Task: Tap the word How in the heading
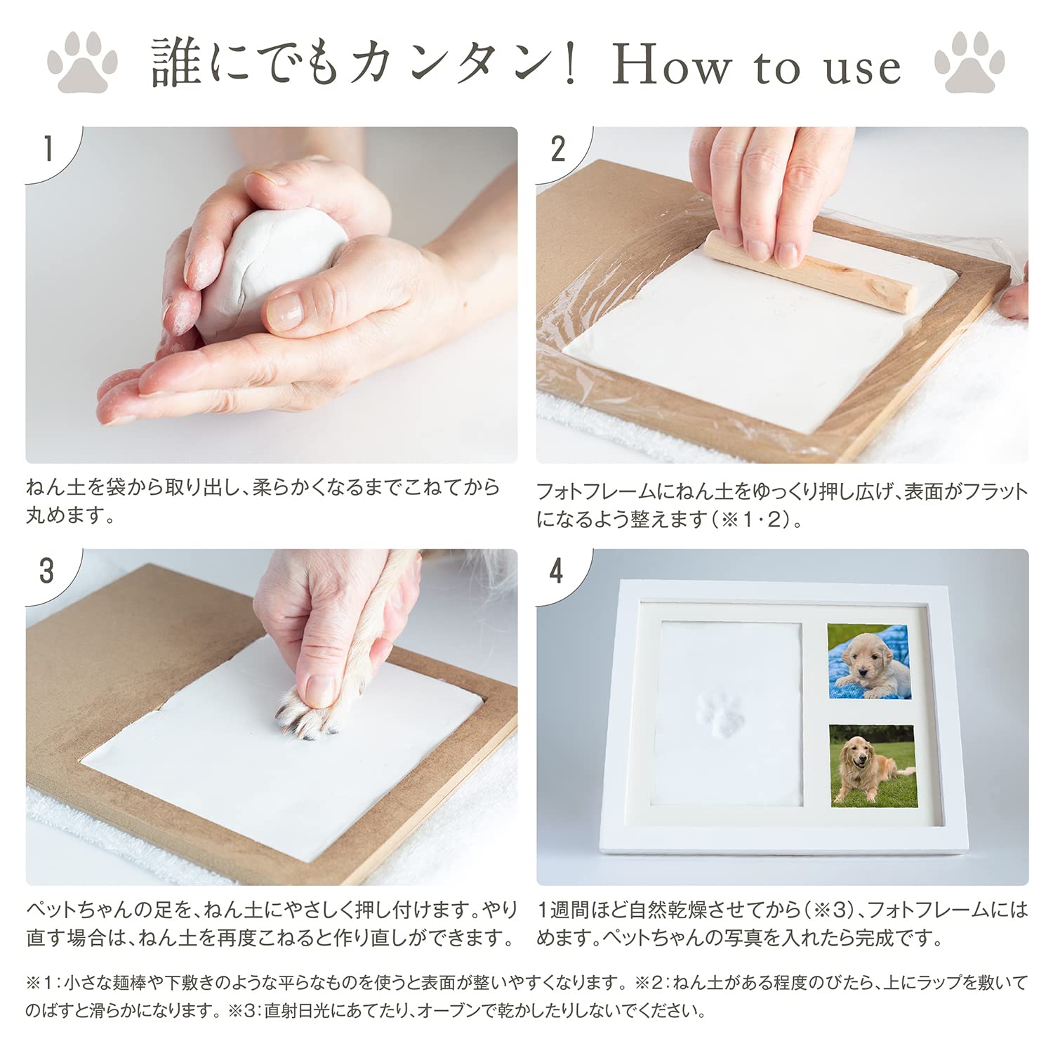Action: (671, 67)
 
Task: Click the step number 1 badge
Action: (48, 150)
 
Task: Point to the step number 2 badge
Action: (558, 150)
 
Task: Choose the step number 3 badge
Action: (47, 571)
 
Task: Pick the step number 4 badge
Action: (557, 571)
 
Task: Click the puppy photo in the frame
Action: (868, 661)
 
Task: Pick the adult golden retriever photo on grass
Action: (873, 765)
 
